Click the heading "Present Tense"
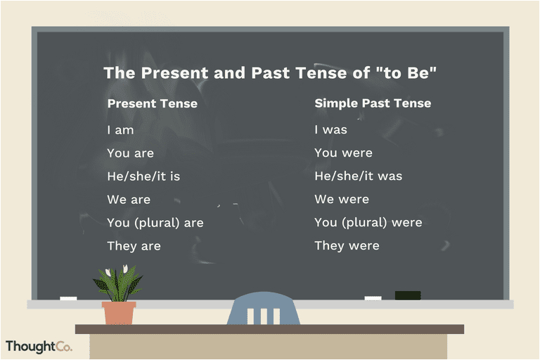click(x=152, y=103)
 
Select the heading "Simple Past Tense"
click(x=373, y=103)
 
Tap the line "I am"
click(x=120, y=130)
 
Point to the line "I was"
click(x=330, y=129)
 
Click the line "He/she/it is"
click(x=143, y=176)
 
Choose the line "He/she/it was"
click(x=358, y=176)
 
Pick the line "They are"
click(x=134, y=246)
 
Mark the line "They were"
click(x=347, y=245)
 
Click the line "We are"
click(x=129, y=200)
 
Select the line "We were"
click(x=342, y=199)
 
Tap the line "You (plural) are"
click(x=155, y=223)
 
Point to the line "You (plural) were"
click(x=368, y=223)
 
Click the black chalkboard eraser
click(x=408, y=295)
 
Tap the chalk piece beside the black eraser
click(x=373, y=298)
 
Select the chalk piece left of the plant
click(x=68, y=298)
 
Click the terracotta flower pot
click(x=119, y=313)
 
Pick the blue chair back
click(x=264, y=309)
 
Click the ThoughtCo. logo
click(x=39, y=347)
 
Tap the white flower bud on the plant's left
click(x=108, y=273)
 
